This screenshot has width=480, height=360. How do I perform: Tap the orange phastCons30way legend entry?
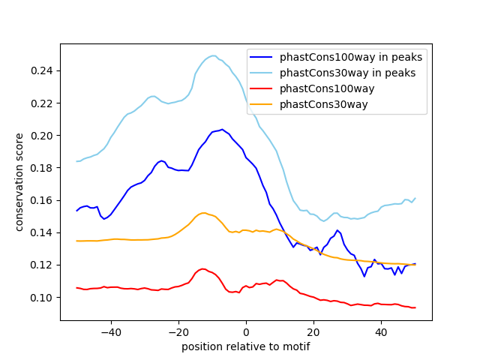pyautogui.click(x=323, y=104)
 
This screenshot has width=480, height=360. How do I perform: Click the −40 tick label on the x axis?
pyautogui.click(x=110, y=331)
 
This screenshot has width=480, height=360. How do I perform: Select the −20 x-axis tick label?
pyautogui.click(x=178, y=331)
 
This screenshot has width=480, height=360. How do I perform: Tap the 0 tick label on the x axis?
pyautogui.click(x=246, y=331)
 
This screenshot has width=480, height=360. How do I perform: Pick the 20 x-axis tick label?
pyautogui.click(x=313, y=331)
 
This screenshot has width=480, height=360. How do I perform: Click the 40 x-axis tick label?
pyautogui.click(x=381, y=331)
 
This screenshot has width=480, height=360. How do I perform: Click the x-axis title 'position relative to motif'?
pyautogui.click(x=246, y=346)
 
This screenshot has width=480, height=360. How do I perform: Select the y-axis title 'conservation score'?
pyautogui.click(x=20, y=182)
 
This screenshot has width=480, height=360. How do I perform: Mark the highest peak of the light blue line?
pyautogui.click(x=213, y=55)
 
